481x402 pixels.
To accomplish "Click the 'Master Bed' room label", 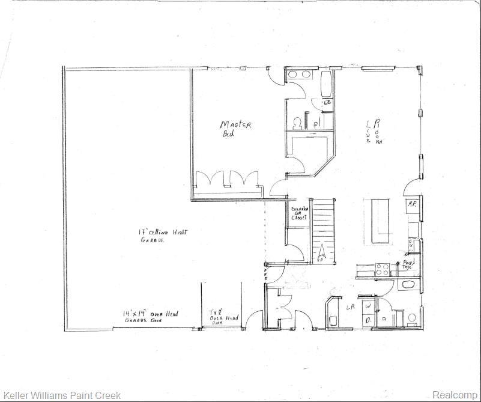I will coord(235,129).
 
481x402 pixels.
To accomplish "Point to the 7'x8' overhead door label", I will coord(223,317).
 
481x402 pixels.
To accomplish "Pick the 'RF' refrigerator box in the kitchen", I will coord(413,205).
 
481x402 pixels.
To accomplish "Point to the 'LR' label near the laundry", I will coord(350,307).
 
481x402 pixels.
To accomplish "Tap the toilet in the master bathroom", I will coord(297,122).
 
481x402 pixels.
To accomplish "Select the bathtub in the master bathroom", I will coord(326,85).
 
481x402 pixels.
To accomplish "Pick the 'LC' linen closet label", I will coord(327,103).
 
